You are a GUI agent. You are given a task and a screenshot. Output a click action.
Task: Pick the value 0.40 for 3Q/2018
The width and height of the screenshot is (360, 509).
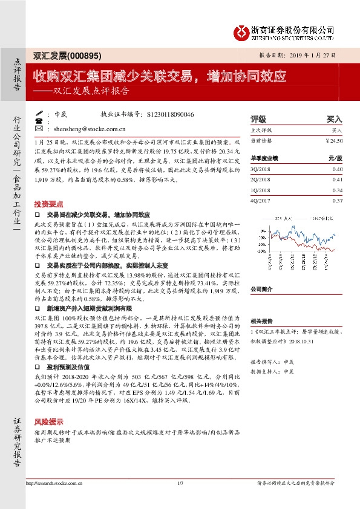point(337,170)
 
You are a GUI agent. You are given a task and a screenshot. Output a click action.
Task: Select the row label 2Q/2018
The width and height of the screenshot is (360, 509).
point(261,180)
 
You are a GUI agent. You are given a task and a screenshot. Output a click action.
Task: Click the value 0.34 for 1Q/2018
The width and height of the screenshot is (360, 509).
point(337,190)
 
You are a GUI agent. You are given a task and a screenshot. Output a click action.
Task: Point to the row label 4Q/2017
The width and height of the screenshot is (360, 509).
point(261,200)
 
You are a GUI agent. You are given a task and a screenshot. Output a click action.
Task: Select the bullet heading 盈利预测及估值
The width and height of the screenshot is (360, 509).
point(72,366)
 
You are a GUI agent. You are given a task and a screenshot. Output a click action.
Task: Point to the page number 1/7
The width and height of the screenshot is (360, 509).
point(180,483)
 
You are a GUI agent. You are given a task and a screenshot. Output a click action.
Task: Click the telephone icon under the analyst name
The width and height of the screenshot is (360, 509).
point(39,121)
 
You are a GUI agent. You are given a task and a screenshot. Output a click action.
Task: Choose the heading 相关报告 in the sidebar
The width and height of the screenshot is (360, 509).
point(261,322)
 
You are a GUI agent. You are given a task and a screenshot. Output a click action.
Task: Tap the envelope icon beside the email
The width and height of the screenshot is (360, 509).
point(39,129)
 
